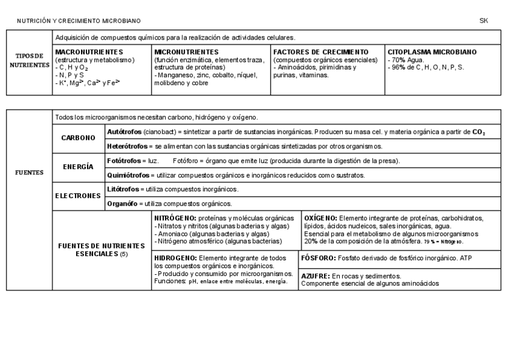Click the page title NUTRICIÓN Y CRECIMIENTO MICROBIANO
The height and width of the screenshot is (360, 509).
(79, 21)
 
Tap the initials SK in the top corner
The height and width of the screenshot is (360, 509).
(484, 20)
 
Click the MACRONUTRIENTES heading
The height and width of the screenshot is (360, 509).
(89, 52)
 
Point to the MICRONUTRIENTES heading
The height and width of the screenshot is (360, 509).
(186, 52)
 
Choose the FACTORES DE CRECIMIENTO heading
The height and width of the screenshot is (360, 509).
(321, 52)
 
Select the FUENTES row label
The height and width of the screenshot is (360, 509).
(29, 172)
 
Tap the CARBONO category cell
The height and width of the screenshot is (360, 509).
(79, 138)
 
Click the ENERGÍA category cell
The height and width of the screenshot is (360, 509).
(79, 167)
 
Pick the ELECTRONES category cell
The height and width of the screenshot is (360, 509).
(79, 196)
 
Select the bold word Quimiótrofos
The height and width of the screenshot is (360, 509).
(128, 175)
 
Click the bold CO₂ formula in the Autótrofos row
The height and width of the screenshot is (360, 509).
(478, 131)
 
